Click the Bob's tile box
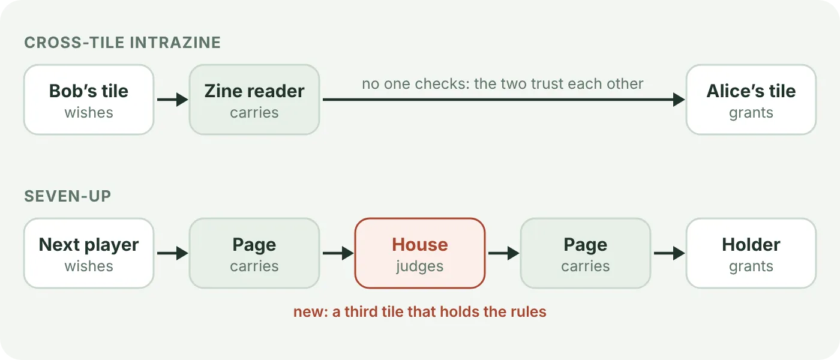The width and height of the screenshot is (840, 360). coord(89,100)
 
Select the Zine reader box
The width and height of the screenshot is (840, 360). coord(254,100)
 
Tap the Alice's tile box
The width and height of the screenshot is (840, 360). coord(751,100)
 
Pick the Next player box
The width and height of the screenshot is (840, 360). coord(89,253)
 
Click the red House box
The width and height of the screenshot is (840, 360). coord(420,253)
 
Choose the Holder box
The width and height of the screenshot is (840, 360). coord(751,253)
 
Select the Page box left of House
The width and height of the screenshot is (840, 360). coord(254,253)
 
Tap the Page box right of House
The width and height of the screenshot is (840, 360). coord(586,253)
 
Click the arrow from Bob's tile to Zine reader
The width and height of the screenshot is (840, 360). coord(173,100)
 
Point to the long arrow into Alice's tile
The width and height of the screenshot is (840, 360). coord(503,100)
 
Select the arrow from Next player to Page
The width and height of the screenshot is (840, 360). coord(173,253)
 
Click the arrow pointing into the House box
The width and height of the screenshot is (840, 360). coord(338,253)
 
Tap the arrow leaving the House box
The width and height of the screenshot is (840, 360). coord(503,253)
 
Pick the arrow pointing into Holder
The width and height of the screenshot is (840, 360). coord(670,253)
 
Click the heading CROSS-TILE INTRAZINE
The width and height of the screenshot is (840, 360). coord(122,43)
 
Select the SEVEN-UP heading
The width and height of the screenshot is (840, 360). coord(67,196)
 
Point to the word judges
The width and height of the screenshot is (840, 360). coord(420,266)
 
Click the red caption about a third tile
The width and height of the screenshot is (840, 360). coord(420,311)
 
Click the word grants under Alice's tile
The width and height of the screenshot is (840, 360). coord(751,113)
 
